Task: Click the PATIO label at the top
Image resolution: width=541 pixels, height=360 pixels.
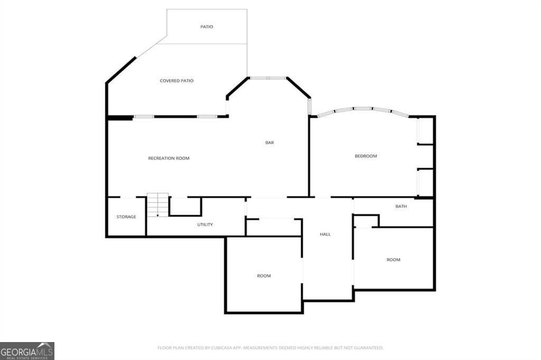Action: click(x=207, y=26)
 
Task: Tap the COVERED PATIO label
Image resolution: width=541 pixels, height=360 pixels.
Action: click(x=176, y=81)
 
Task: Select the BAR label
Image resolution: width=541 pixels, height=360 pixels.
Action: click(x=269, y=143)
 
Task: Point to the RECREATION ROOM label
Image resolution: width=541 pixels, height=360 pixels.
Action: click(x=169, y=158)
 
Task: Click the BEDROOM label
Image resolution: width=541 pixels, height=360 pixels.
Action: click(x=366, y=156)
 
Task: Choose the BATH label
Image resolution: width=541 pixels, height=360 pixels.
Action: click(x=401, y=206)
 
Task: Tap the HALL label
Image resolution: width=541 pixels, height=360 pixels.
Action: click(x=325, y=234)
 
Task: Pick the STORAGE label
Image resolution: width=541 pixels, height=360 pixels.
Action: click(x=126, y=217)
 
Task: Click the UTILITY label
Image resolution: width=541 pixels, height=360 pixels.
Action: click(x=205, y=224)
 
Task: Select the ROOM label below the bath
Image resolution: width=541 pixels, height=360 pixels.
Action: click(x=393, y=260)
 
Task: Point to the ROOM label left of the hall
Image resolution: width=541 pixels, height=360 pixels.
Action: click(x=264, y=276)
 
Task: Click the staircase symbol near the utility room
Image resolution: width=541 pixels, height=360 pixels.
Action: click(x=157, y=205)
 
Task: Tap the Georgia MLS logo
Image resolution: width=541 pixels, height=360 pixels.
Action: click(x=27, y=351)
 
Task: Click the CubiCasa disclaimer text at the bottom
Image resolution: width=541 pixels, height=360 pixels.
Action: click(x=270, y=347)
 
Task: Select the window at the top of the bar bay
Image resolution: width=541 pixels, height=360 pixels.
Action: click(x=268, y=78)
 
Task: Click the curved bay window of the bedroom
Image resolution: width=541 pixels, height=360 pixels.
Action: click(x=363, y=110)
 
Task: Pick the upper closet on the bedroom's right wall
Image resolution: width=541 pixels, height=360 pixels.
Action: click(x=425, y=130)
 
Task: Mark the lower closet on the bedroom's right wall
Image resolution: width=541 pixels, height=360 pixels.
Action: click(x=425, y=183)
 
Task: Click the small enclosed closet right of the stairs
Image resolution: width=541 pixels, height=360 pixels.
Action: click(x=185, y=206)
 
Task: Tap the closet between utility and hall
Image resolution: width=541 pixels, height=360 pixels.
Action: click(x=273, y=227)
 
